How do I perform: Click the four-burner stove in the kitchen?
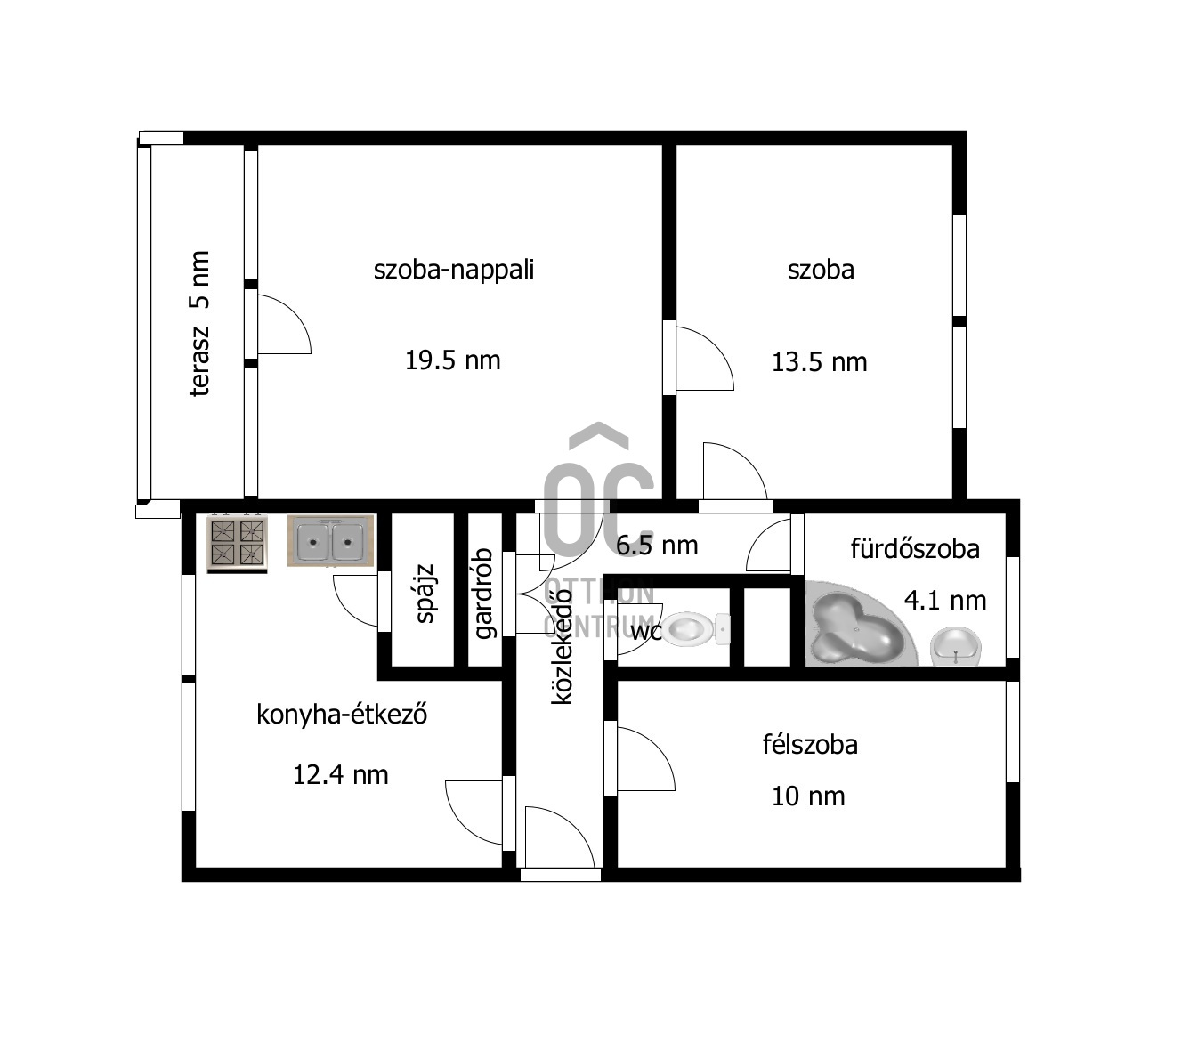click(237, 544)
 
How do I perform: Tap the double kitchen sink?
click(330, 540)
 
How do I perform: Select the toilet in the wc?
click(695, 628)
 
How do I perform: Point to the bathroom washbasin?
click(956, 647)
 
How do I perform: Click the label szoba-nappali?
click(454, 270)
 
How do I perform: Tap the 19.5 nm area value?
click(452, 360)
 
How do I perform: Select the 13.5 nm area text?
click(819, 362)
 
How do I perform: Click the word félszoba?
click(810, 745)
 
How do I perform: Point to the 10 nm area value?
click(808, 796)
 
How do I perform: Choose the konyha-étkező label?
click(342, 715)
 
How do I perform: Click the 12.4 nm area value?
click(341, 774)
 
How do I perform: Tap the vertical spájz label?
click(425, 593)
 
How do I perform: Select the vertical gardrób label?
click(483, 594)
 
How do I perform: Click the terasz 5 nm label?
click(200, 323)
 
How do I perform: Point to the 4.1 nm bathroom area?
click(945, 601)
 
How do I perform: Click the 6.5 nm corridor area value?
click(657, 546)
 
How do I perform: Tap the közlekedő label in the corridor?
click(562, 646)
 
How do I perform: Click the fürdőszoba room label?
click(915, 549)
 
